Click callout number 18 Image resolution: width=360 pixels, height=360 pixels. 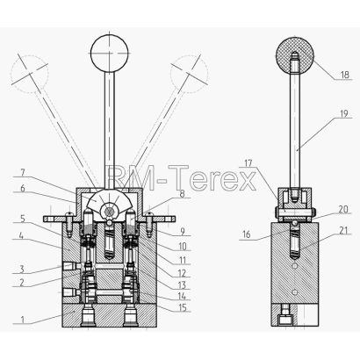click(x=345, y=75)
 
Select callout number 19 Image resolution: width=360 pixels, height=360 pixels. click(x=345, y=113)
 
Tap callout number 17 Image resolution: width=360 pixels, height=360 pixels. click(x=248, y=163)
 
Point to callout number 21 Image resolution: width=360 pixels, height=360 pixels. click(x=345, y=231)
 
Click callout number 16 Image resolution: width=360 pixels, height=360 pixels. click(x=247, y=235)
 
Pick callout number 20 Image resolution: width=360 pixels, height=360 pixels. click(x=343, y=210)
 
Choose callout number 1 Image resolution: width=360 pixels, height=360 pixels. click(x=22, y=319)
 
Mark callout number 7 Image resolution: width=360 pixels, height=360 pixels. click(x=23, y=172)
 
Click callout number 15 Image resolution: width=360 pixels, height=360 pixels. click(x=183, y=308)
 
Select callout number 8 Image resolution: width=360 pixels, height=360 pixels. click(x=182, y=194)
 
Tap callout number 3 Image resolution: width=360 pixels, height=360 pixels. click(x=22, y=269)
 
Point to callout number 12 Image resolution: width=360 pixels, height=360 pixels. click(x=182, y=273)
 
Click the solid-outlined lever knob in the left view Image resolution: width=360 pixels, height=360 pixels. click(x=110, y=54)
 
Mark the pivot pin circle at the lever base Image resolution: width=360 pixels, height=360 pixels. click(x=110, y=212)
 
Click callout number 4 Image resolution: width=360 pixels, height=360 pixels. click(x=22, y=235)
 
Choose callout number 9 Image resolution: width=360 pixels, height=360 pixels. click(x=183, y=232)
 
